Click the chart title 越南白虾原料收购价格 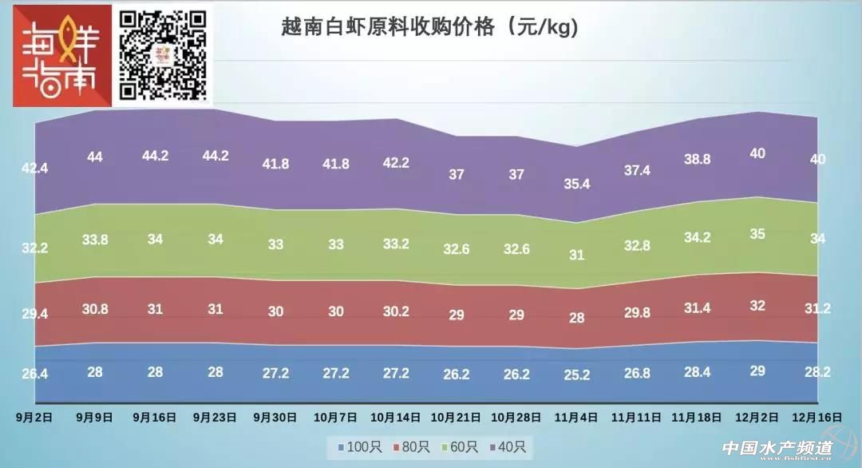[x=429, y=27]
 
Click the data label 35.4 [x=576, y=184]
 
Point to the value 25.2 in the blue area [x=576, y=375]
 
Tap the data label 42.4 [x=35, y=169]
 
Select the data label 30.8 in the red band [x=95, y=308]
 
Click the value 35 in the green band [x=757, y=234]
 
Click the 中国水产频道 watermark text [x=777, y=449]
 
